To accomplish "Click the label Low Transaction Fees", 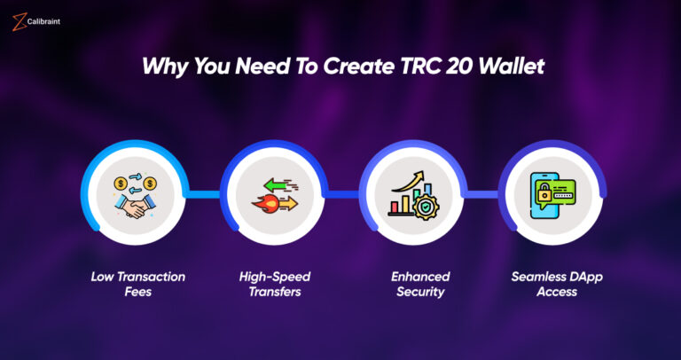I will (138, 284).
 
